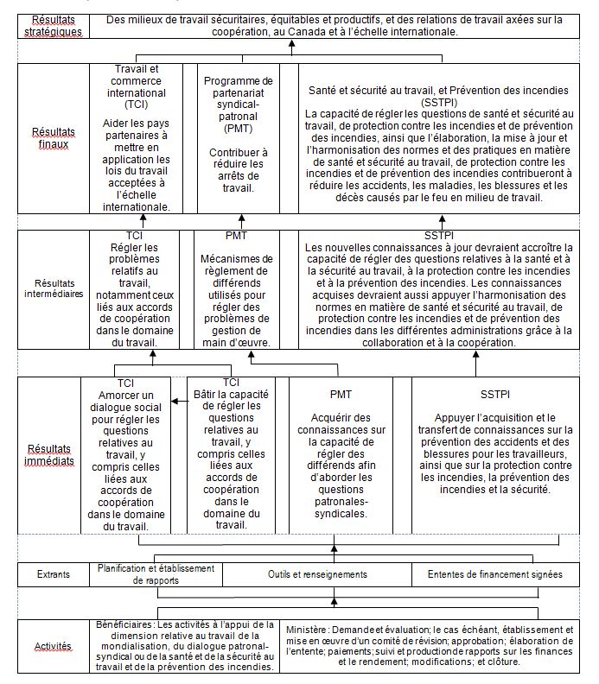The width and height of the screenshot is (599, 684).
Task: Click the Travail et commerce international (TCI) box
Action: point(141,138)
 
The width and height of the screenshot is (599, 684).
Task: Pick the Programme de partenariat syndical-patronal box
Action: point(239,138)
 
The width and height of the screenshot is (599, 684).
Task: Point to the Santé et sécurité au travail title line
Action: point(439,90)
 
